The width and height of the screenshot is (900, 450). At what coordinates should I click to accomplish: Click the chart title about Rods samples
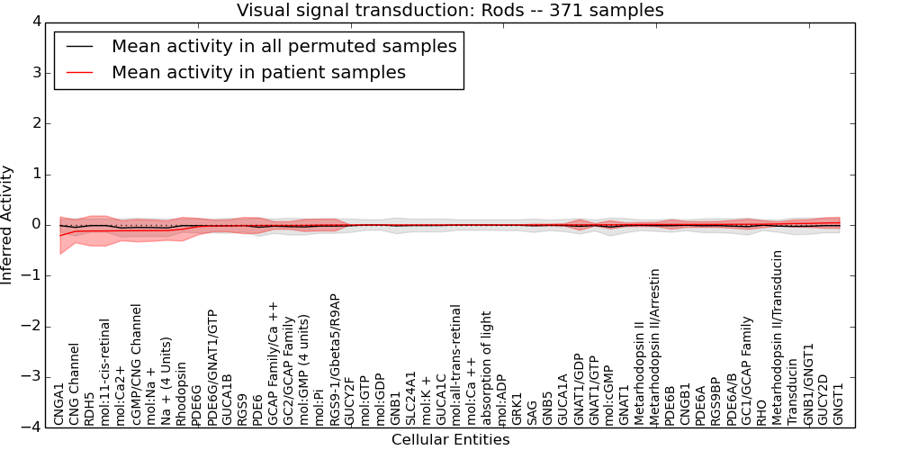point(450,10)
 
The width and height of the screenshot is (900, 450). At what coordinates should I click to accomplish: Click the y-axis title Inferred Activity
point(7,224)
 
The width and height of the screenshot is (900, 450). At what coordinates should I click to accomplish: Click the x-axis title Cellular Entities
point(450,440)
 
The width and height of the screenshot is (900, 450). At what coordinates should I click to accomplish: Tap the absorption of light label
point(486,369)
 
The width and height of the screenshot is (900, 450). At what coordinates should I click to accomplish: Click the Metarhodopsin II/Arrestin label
point(654,347)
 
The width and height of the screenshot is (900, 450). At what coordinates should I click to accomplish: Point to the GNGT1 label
point(837,404)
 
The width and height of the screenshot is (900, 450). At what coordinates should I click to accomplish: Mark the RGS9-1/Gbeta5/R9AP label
point(334,361)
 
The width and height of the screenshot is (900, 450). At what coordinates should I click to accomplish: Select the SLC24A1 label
point(409,400)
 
